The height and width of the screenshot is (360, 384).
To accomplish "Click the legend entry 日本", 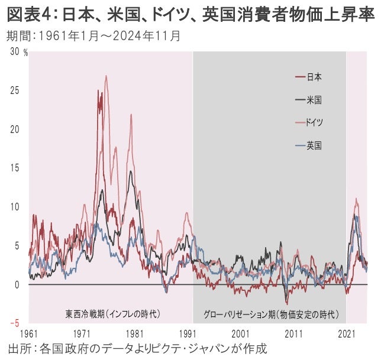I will click(x=314, y=77).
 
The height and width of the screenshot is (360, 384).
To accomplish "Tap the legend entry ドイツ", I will click(x=314, y=122).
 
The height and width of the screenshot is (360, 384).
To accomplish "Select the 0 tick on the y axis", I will click(x=17, y=284).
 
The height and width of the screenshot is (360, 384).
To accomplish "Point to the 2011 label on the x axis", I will click(x=293, y=334).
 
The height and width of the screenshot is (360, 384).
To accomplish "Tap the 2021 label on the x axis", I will click(x=347, y=334).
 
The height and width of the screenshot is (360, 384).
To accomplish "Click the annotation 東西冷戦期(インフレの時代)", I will click(x=112, y=313).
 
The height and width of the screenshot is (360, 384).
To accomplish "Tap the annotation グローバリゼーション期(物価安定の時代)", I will click(x=270, y=313).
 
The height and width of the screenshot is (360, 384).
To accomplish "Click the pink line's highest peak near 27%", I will click(x=106, y=76).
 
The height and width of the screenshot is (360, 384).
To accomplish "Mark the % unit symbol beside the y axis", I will click(x=25, y=52).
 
